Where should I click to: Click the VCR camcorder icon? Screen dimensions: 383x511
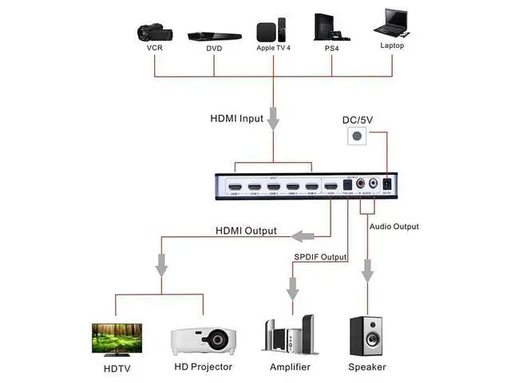(x=153, y=32)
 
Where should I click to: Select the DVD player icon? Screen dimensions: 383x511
(x=213, y=36)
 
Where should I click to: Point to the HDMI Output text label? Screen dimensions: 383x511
(x=246, y=231)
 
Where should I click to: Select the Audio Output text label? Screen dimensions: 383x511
(x=394, y=227)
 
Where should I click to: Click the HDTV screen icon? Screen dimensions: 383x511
(x=117, y=338)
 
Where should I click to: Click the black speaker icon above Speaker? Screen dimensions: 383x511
(x=366, y=336)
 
